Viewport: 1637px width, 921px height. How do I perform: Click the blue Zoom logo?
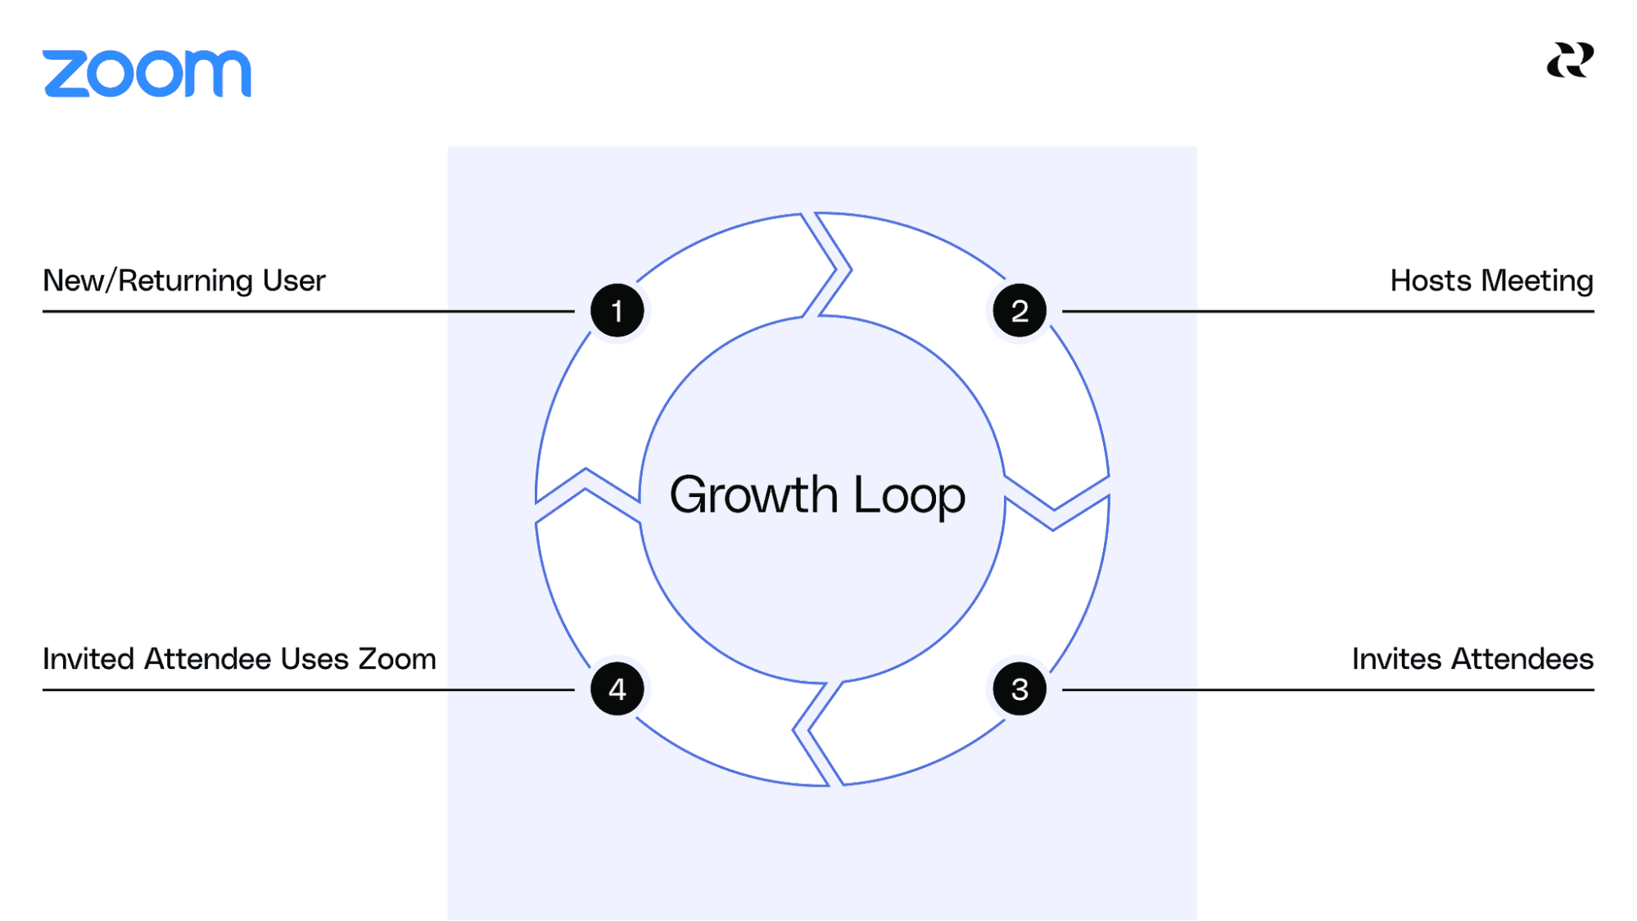(x=147, y=74)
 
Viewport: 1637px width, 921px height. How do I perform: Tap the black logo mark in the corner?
(x=1570, y=61)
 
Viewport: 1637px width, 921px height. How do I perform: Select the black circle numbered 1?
(x=617, y=311)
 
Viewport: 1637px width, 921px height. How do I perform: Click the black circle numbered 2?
(x=1020, y=311)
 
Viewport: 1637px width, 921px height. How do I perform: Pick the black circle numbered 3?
(x=1020, y=689)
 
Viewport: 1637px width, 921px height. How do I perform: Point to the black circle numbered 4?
(x=617, y=689)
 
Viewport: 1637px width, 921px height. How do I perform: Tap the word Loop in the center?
(x=909, y=495)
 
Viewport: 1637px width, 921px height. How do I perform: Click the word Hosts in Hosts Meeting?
(x=1431, y=281)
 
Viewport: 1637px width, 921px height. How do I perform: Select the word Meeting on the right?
(x=1537, y=281)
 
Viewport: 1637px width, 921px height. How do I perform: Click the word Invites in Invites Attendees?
(x=1396, y=659)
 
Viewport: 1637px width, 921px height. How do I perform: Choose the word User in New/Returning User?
(x=294, y=281)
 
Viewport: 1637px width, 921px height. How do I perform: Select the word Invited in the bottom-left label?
(x=88, y=659)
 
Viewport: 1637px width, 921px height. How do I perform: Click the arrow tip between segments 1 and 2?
(x=843, y=268)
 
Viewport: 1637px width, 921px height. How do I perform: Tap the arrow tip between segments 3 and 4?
(x=801, y=729)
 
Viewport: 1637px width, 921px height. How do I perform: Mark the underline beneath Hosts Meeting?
(x=1327, y=311)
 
